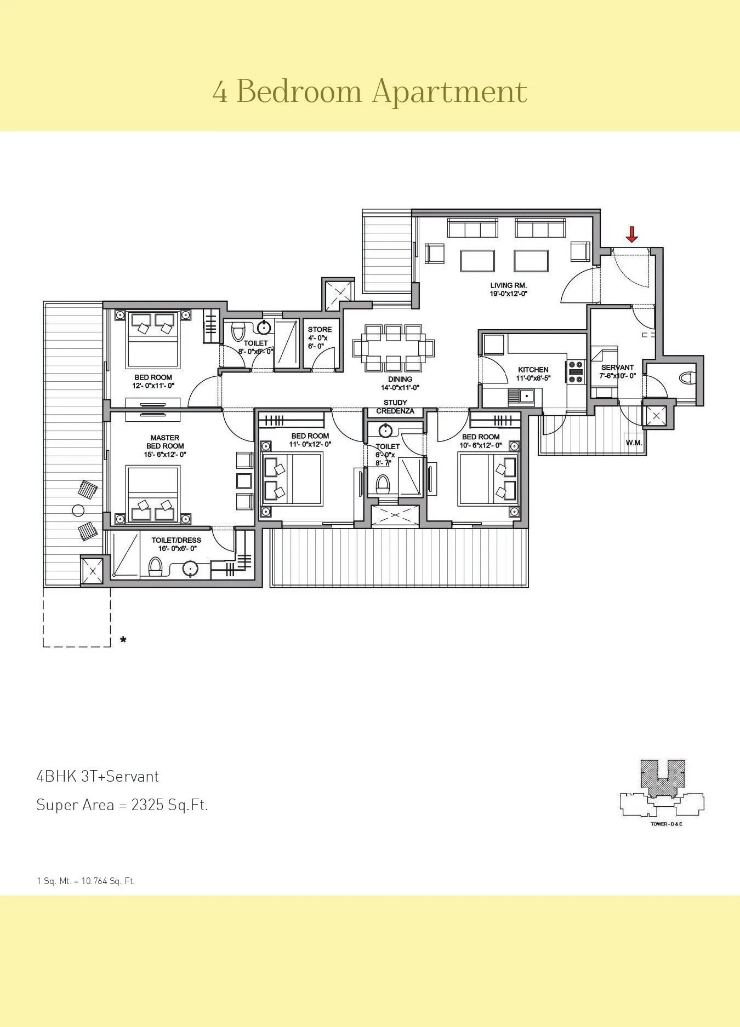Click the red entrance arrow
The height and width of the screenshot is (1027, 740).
[x=631, y=234]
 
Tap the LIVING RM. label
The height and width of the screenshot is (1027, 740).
[x=508, y=285]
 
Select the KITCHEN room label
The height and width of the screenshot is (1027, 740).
[x=533, y=370]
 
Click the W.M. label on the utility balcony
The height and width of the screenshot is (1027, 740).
[x=634, y=443]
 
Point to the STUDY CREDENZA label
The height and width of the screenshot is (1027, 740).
[x=395, y=407]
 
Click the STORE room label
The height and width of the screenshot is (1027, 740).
[x=320, y=330]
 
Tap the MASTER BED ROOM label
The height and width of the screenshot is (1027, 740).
[x=164, y=442]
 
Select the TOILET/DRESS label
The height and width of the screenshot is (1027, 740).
[x=176, y=540]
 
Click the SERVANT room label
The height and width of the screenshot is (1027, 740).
[x=617, y=368]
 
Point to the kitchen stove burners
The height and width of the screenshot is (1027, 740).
[x=576, y=372]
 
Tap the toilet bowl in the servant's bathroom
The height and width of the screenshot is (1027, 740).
[x=687, y=378]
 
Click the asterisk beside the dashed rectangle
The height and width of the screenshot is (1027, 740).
[x=123, y=640]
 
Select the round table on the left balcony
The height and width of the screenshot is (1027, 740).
[x=78, y=510]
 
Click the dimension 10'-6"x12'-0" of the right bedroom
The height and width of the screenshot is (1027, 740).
[x=480, y=445]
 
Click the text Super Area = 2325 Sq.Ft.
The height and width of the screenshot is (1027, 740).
[x=122, y=805]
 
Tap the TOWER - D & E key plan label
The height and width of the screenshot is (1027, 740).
[x=666, y=824]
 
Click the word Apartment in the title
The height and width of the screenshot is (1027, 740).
[x=449, y=91]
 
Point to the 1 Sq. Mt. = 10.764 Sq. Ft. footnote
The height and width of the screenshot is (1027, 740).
[x=86, y=881]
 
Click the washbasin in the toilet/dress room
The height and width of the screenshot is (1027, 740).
[x=190, y=569]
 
